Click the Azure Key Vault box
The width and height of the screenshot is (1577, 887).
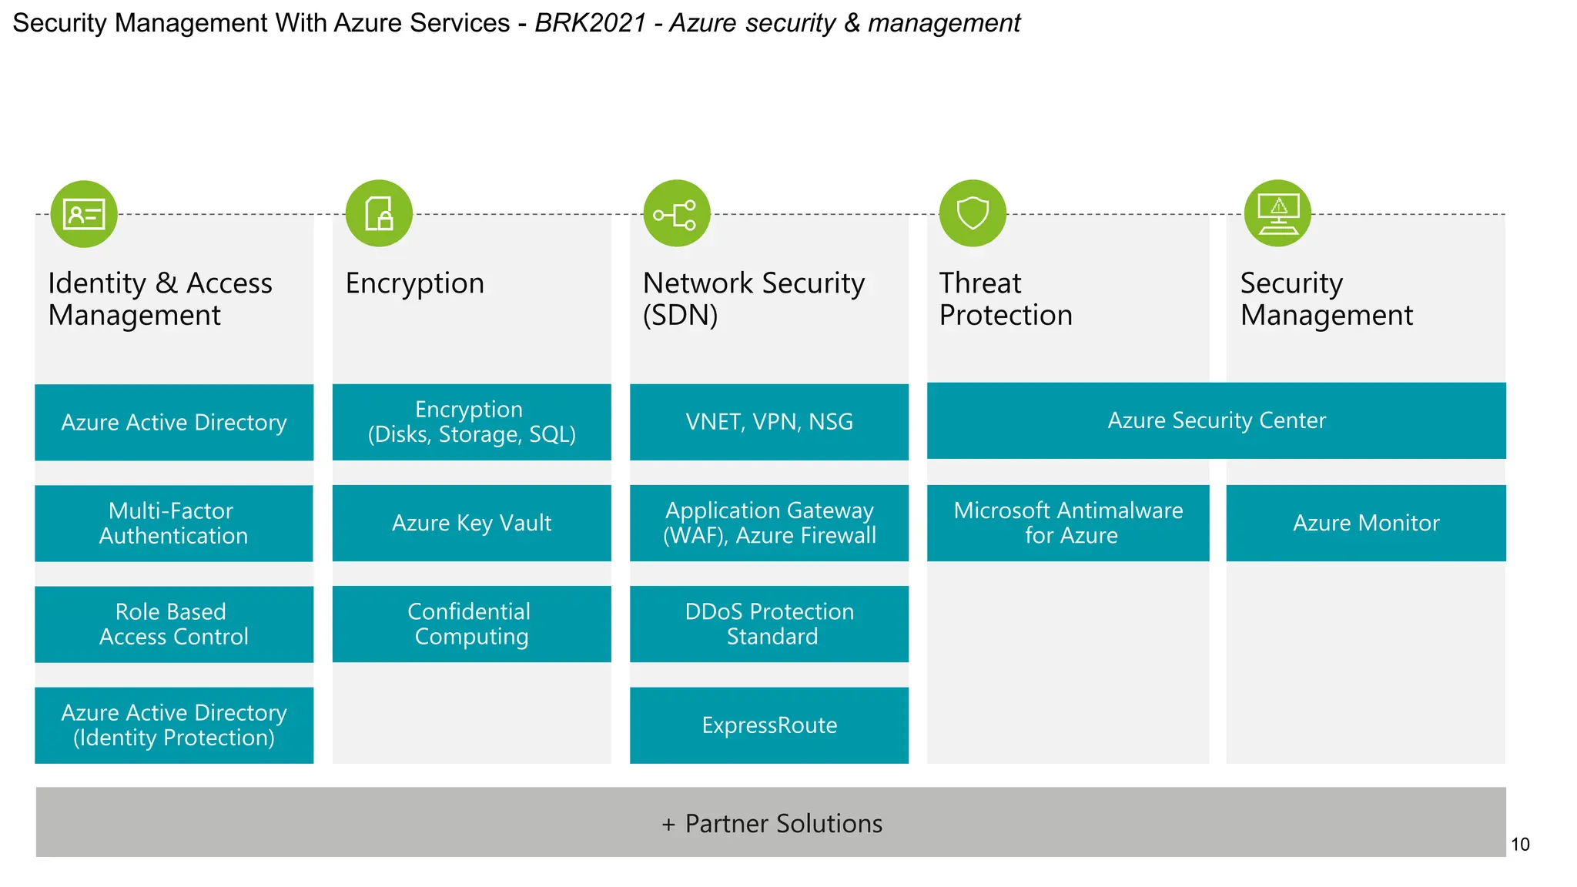click(x=471, y=523)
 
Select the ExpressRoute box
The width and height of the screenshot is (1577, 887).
click(x=768, y=725)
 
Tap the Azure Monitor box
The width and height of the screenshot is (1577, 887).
click(x=1365, y=523)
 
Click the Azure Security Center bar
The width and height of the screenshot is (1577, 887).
click(x=1216, y=420)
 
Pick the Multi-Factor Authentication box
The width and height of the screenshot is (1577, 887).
click(x=174, y=523)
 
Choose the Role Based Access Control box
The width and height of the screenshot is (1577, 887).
click(x=174, y=624)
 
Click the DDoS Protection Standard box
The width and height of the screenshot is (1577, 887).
click(x=768, y=624)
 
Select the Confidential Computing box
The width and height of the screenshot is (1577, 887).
click(x=471, y=624)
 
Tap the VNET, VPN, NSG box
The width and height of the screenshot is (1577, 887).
click(x=768, y=422)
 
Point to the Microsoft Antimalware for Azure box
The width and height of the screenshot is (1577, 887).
click(x=1067, y=523)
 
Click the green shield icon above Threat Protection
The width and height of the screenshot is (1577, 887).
click(x=973, y=213)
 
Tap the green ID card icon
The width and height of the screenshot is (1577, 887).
click(x=84, y=214)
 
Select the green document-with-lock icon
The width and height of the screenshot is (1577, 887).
click(x=379, y=213)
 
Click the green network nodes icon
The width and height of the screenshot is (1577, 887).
click(x=676, y=213)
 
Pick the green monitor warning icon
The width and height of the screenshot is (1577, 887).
click(x=1277, y=213)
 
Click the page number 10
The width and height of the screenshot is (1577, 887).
click(x=1520, y=845)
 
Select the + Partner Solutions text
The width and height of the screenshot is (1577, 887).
click(x=772, y=824)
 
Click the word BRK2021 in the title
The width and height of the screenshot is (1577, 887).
click(x=590, y=23)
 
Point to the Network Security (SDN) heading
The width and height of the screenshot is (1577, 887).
click(x=753, y=299)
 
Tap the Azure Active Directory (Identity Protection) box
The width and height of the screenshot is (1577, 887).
click(x=174, y=725)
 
